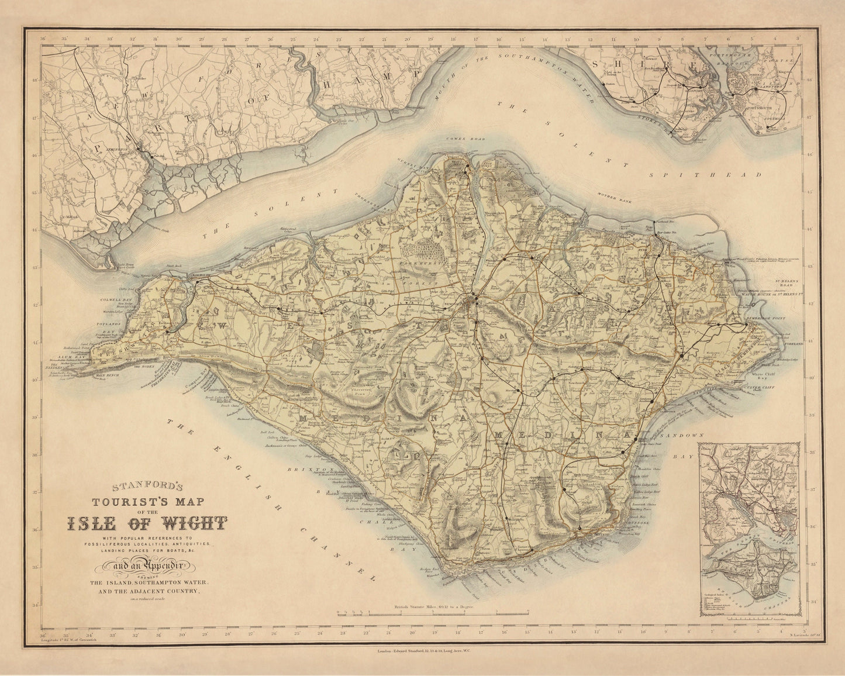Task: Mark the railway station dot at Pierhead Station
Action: pyautogui.click(x=654, y=223)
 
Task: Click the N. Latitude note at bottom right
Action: pyautogui.click(x=788, y=640)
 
